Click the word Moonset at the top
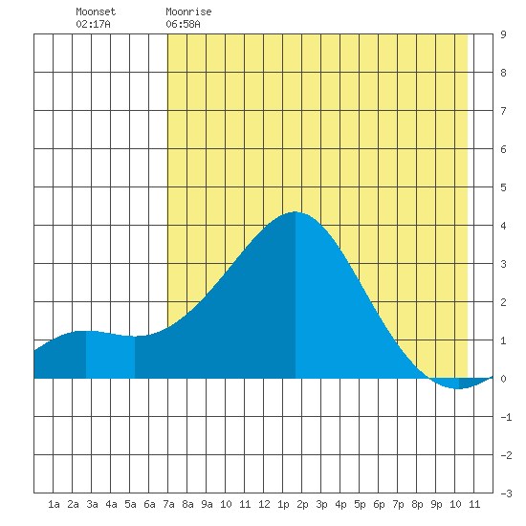pyautogui.click(x=96, y=11)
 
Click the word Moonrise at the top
pyautogui.click(x=188, y=11)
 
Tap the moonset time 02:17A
pyautogui.click(x=93, y=24)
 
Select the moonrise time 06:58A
pyautogui.click(x=183, y=24)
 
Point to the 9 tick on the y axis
pyautogui.click(x=503, y=34)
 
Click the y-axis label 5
pyautogui.click(x=503, y=187)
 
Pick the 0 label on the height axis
pyautogui.click(x=503, y=379)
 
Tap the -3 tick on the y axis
pyautogui.click(x=506, y=493)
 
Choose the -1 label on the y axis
pyautogui.click(x=506, y=417)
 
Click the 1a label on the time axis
pyautogui.click(x=54, y=504)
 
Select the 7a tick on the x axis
pyautogui.click(x=168, y=504)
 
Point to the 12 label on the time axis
pyautogui.click(x=264, y=504)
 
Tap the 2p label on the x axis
pyautogui.click(x=302, y=504)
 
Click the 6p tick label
pyautogui.click(x=379, y=504)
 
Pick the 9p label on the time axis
pyautogui.click(x=436, y=504)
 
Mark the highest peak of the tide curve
pyautogui.click(x=296, y=212)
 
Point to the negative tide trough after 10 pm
pyautogui.click(x=459, y=389)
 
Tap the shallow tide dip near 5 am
pyautogui.click(x=135, y=336)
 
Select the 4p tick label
pyautogui.click(x=340, y=504)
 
